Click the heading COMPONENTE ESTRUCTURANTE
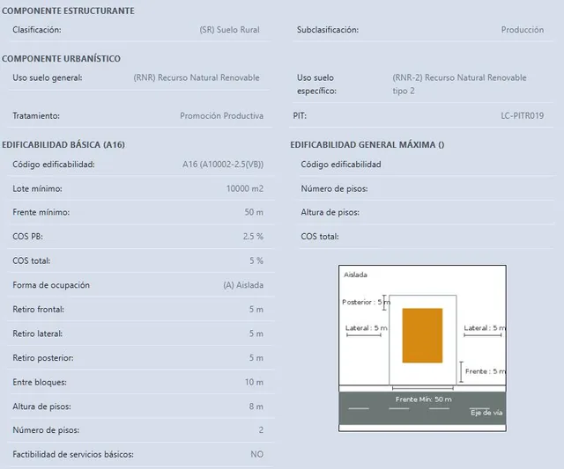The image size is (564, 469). (68, 11)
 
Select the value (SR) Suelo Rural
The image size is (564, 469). (229, 30)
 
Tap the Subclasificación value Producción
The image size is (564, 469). (523, 30)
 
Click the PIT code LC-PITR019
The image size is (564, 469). (523, 115)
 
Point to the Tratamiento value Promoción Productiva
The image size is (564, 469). (221, 115)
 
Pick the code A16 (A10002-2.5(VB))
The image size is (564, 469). (223, 165)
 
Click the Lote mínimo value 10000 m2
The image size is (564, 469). (245, 188)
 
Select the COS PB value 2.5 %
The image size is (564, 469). (253, 237)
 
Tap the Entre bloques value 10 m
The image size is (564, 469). (254, 382)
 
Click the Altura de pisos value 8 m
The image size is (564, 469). (256, 407)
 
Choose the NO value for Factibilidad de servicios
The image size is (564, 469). (256, 454)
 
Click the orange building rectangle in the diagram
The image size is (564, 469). (422, 335)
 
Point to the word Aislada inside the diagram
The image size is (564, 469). (355, 275)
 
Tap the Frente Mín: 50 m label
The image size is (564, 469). (423, 399)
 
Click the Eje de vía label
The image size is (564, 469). (486, 413)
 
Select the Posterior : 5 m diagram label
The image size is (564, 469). (366, 302)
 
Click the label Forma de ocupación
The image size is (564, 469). (51, 285)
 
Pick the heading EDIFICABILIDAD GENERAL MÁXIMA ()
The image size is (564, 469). (367, 144)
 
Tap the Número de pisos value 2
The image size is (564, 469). (261, 430)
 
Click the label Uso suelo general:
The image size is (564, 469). (48, 77)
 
